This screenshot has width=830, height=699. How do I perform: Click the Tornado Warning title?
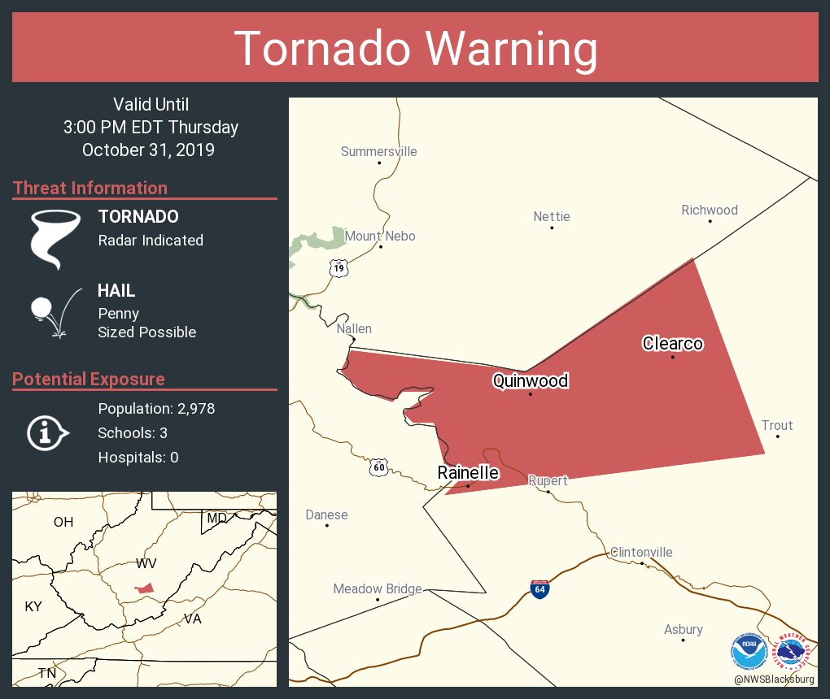[415, 49]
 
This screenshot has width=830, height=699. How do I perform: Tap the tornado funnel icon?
[55, 239]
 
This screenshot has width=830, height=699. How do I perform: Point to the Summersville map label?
[378, 151]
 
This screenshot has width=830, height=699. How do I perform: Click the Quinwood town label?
[530, 380]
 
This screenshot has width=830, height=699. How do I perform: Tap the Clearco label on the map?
[672, 343]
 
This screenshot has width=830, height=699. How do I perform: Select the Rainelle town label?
[468, 472]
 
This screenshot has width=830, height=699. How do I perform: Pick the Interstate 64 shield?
[539, 589]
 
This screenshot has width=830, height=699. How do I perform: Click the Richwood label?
[709, 210]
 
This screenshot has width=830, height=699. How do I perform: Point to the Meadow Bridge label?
[378, 588]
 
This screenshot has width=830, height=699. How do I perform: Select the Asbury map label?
[683, 629]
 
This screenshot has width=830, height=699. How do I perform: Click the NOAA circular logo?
[749, 650]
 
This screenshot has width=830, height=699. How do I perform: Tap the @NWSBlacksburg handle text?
[773, 679]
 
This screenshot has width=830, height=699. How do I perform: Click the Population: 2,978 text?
[156, 409]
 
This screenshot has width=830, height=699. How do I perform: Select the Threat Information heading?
[90, 188]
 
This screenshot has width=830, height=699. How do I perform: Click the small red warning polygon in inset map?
[145, 588]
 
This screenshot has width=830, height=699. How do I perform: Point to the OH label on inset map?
[63, 522]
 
